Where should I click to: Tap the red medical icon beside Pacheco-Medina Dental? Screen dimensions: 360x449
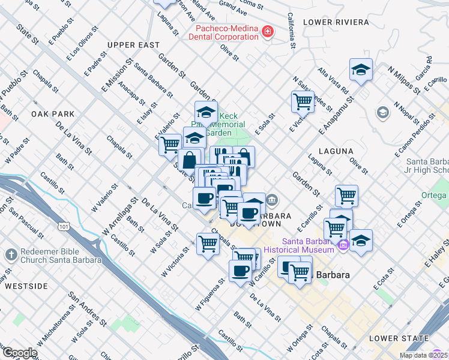point(268,31)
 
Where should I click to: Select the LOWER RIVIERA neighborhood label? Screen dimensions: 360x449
point(336,22)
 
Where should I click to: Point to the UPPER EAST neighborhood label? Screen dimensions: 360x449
point(133,45)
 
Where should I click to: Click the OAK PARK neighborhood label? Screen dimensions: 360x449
point(53,114)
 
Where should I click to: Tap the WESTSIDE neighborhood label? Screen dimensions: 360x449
point(26,286)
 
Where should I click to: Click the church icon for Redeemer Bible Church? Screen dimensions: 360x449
point(11,255)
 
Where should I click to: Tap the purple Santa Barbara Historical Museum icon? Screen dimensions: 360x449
point(343,245)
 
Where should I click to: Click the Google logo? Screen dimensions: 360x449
point(19,353)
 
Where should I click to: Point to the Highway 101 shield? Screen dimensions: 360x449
point(62,226)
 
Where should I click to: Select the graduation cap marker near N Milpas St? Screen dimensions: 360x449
point(361,70)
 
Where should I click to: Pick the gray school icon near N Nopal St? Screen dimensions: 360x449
point(382,113)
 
